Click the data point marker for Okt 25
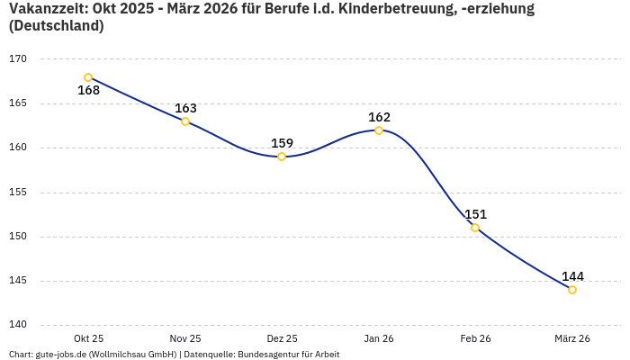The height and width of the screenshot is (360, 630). (x=88, y=77)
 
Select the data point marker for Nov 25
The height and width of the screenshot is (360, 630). (x=185, y=121)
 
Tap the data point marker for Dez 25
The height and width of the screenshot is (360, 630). (x=282, y=157)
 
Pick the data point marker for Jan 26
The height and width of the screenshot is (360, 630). (x=379, y=130)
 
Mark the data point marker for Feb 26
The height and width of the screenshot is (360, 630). (x=475, y=228)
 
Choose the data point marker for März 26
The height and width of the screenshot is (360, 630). (x=572, y=290)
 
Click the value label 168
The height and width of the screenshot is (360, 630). (x=88, y=91)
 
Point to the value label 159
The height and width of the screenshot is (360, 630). (x=282, y=143)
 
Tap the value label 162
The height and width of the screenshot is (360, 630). (x=379, y=117)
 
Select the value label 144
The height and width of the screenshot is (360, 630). (x=572, y=276)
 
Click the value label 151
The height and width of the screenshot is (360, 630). (x=475, y=214)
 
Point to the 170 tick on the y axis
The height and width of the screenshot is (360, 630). (x=18, y=59)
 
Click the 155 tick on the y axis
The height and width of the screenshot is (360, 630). (x=18, y=192)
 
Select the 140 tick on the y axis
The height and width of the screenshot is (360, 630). (x=18, y=325)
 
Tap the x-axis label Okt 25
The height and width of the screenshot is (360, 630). (x=88, y=338)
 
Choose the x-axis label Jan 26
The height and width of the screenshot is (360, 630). (x=379, y=338)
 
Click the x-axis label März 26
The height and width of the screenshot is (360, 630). (x=572, y=338)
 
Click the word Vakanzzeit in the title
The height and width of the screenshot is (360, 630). (x=44, y=9)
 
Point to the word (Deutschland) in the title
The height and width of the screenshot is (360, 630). (x=56, y=26)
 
